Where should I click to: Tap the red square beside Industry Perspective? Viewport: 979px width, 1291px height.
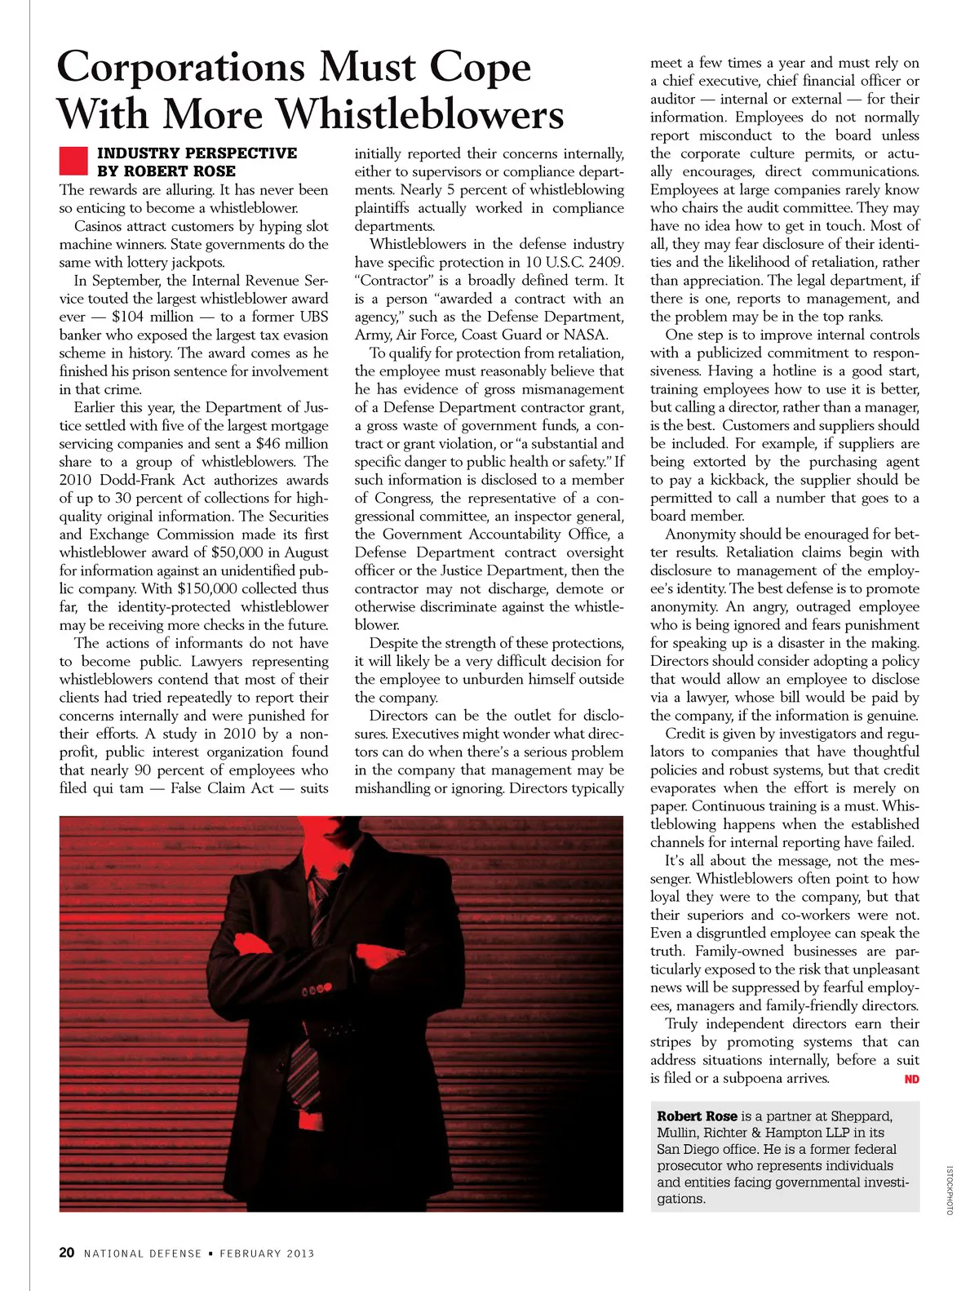point(73,161)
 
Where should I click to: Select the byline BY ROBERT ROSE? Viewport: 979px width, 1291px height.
point(166,171)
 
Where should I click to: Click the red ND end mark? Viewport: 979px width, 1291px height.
point(911,1080)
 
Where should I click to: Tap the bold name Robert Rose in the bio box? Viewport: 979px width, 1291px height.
point(697,1116)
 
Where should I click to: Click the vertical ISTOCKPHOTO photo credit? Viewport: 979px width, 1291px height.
point(950,1191)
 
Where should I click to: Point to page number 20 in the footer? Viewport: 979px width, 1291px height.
point(67,1253)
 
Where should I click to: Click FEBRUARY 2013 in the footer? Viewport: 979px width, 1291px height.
point(267,1253)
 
